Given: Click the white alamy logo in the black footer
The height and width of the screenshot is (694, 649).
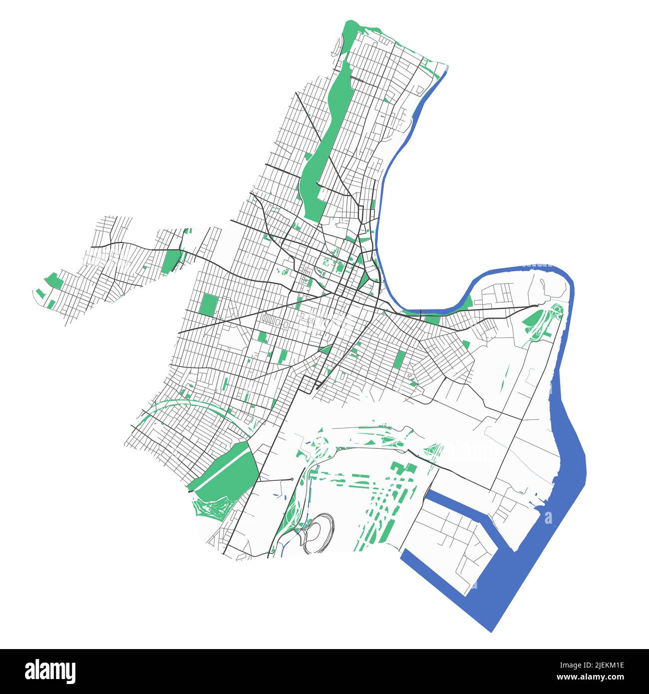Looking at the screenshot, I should (x=50, y=671).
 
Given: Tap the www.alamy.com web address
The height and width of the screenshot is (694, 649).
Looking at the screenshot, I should (x=590, y=678).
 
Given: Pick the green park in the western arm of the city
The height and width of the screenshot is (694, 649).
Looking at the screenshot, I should (x=171, y=261).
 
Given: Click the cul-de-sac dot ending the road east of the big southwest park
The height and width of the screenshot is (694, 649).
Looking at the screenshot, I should (x=292, y=479).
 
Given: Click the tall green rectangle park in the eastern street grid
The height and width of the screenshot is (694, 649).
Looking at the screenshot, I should (x=399, y=362).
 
